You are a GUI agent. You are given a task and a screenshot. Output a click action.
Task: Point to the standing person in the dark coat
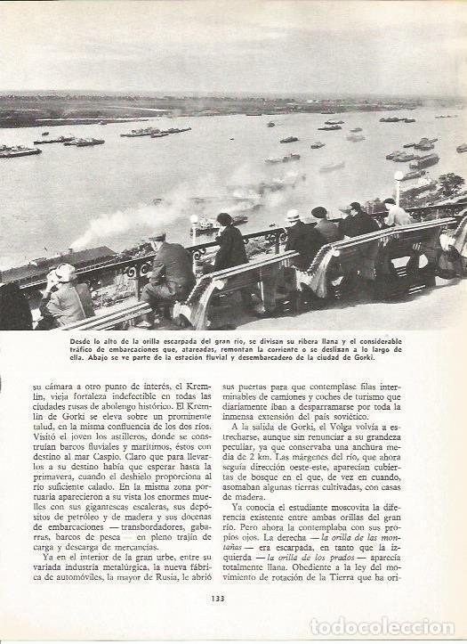point(229,245)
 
